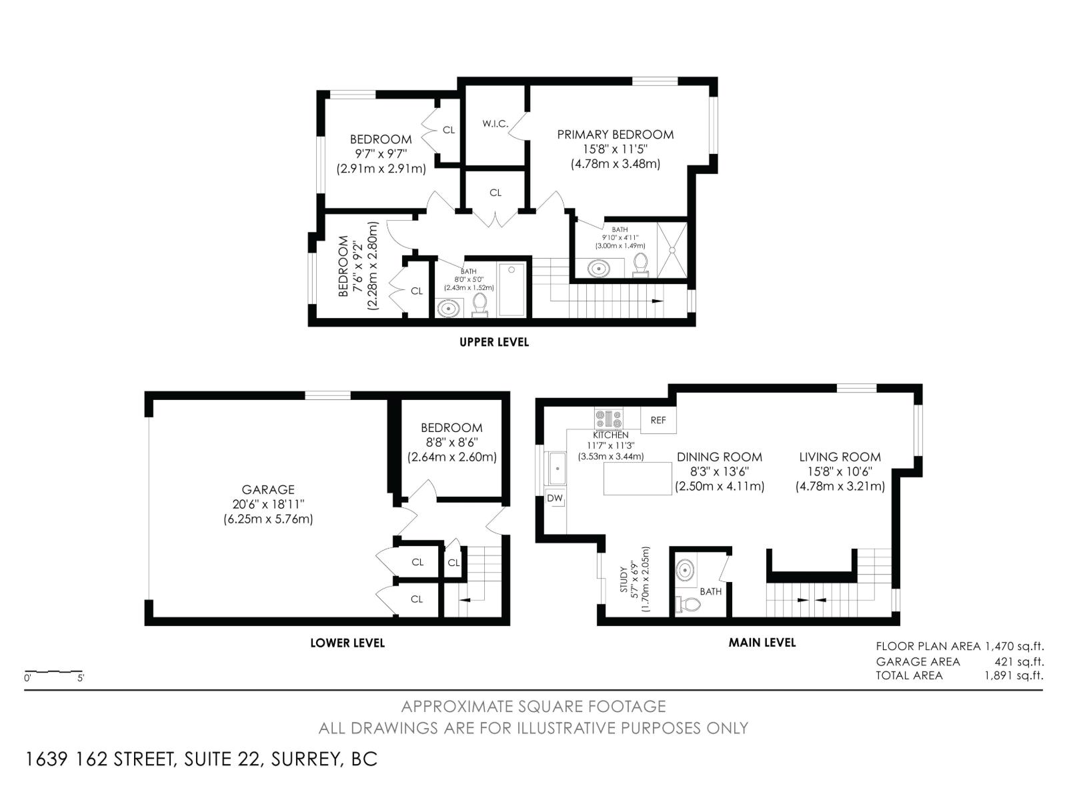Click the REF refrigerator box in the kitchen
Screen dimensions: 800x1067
658,420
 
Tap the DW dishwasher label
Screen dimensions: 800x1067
555,498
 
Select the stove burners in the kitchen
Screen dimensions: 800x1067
608,419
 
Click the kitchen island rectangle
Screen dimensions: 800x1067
638,479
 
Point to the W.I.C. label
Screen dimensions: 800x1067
495,124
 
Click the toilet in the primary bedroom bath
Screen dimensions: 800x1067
641,264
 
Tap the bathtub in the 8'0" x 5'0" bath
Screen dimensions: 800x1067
512,289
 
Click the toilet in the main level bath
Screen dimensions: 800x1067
688,605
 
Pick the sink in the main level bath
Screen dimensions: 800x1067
686,571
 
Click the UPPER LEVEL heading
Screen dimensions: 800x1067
494,342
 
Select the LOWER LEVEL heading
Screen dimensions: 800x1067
347,643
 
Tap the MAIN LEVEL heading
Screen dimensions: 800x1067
762,643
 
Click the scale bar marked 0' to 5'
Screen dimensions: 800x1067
54,672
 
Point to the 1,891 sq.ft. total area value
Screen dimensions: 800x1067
1014,675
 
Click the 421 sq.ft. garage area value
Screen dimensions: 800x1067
1018,661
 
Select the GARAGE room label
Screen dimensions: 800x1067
268,489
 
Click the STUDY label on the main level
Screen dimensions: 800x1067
624,580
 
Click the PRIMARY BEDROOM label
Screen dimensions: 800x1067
615,135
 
